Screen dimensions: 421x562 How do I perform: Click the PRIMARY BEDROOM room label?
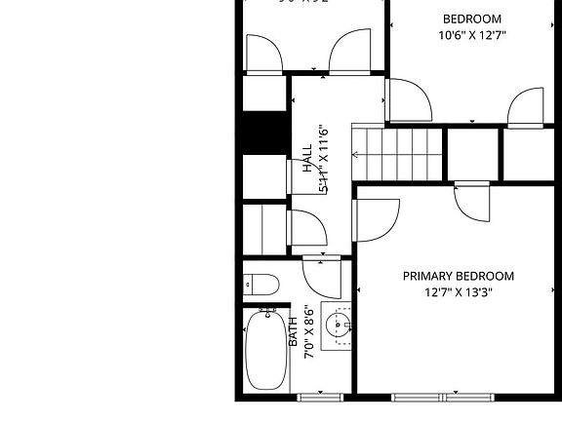pyautogui.click(x=458, y=276)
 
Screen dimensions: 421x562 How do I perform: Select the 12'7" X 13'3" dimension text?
pyautogui.click(x=458, y=291)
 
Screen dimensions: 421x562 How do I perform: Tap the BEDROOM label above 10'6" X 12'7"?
pyautogui.click(x=472, y=19)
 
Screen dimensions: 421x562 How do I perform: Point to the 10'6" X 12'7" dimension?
pyautogui.click(x=472, y=35)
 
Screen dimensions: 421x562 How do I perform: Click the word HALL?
pyautogui.click(x=307, y=160)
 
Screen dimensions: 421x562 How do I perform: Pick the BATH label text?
pyautogui.click(x=293, y=331)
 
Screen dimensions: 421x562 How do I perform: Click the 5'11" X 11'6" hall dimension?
pyautogui.click(x=323, y=160)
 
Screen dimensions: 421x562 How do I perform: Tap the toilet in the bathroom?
pyautogui.click(x=261, y=285)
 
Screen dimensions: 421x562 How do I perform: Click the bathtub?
pyautogui.click(x=266, y=351)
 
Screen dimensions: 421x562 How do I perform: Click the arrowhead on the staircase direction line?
pyautogui.click(x=357, y=154)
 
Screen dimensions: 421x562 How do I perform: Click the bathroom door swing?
pyautogui.click(x=321, y=277)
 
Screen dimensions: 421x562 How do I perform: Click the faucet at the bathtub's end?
pyautogui.click(x=266, y=313)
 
